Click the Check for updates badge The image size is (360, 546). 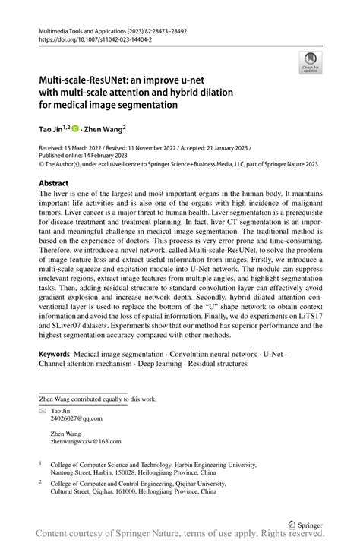[311, 62]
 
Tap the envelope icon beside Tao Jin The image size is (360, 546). [43, 410]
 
